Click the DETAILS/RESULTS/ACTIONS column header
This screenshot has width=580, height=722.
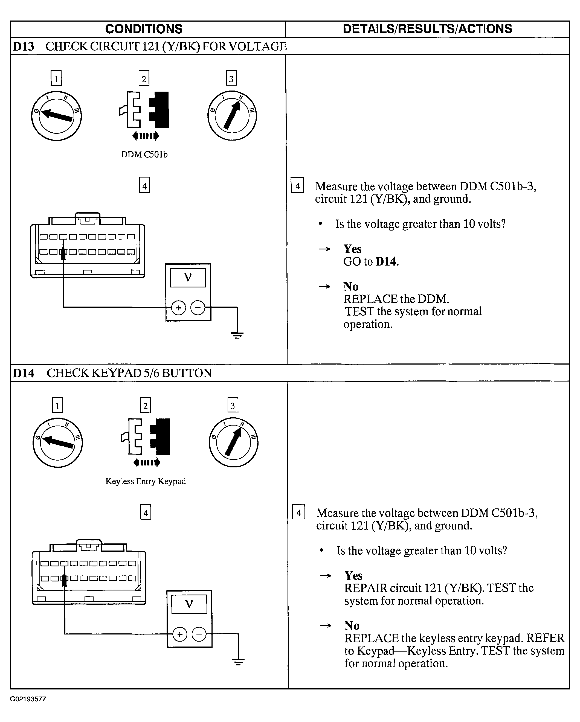click(x=427, y=29)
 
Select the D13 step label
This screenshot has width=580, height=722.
click(x=23, y=46)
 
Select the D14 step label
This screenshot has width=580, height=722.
click(x=24, y=373)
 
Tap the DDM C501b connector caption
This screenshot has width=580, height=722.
click(x=144, y=154)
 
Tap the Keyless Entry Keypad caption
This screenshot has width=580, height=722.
click(x=146, y=481)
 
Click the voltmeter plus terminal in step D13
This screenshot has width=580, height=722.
click(x=178, y=308)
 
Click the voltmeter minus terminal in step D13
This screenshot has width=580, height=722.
click(x=198, y=308)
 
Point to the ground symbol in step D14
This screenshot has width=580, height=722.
click(x=238, y=662)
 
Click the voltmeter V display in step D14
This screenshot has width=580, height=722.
click(x=189, y=604)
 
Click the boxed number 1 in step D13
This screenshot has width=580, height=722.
click(x=56, y=78)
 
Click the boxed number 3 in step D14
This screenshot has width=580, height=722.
click(x=233, y=405)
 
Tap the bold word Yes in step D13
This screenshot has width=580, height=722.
click(x=352, y=249)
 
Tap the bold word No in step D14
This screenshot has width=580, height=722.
click(x=352, y=625)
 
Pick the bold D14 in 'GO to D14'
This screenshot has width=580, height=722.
click(x=386, y=261)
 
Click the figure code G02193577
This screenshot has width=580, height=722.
click(x=28, y=699)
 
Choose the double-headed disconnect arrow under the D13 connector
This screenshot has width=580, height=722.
click(x=146, y=136)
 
